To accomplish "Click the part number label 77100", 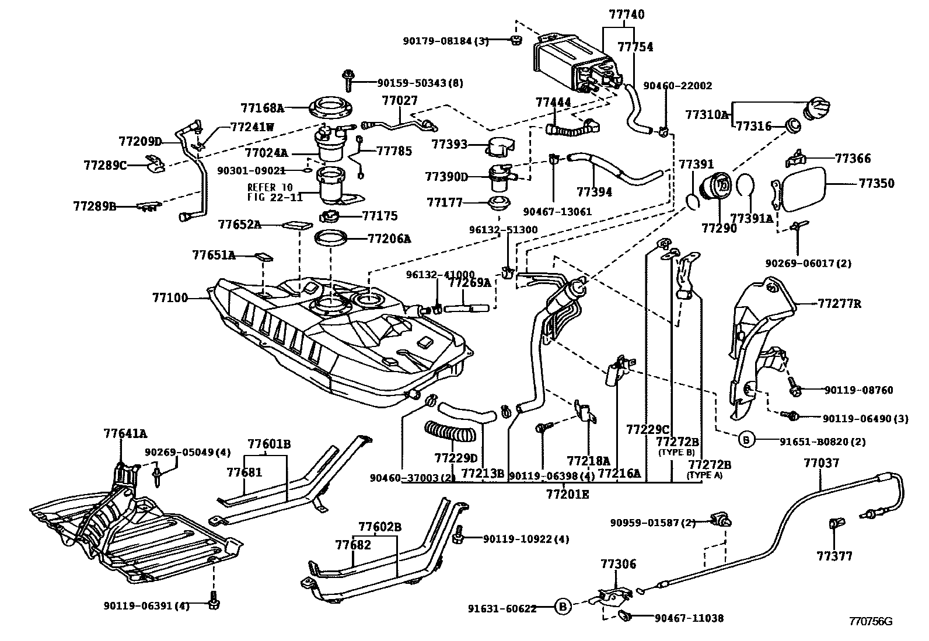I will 170,298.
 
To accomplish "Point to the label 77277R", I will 839,304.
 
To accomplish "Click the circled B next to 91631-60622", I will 563,607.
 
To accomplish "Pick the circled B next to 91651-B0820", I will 747,440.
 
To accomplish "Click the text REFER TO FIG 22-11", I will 275,192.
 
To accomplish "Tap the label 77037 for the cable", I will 821,463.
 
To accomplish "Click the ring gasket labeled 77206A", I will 331,238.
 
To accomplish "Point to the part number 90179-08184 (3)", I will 446,41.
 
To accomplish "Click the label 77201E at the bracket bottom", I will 567,495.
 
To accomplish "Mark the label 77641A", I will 125,433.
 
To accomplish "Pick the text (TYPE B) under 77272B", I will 676,452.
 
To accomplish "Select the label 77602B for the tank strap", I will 380,527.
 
